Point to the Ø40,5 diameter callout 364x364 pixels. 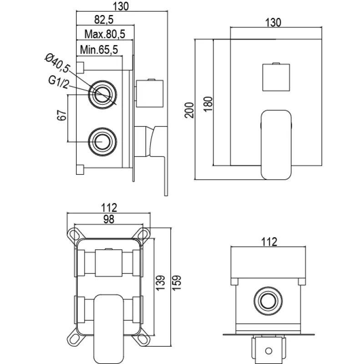[58, 64]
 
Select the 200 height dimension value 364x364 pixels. [190, 110]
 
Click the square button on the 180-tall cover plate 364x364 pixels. [275, 78]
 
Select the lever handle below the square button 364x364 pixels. [276, 143]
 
